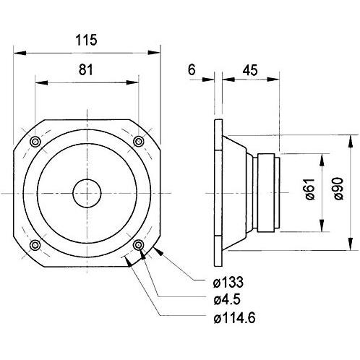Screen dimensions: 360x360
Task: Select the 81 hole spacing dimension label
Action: coord(87,69)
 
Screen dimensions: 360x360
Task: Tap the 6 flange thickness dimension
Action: coord(191,69)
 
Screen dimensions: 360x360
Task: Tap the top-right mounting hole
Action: coord(138,141)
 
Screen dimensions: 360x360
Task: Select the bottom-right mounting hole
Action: coord(138,246)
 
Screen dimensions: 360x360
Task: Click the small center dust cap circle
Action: coord(87,193)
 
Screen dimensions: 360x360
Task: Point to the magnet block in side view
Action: coord(265,193)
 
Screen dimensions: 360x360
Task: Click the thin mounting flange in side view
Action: coord(217,193)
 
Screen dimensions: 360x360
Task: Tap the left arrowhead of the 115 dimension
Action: coord(17,53)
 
